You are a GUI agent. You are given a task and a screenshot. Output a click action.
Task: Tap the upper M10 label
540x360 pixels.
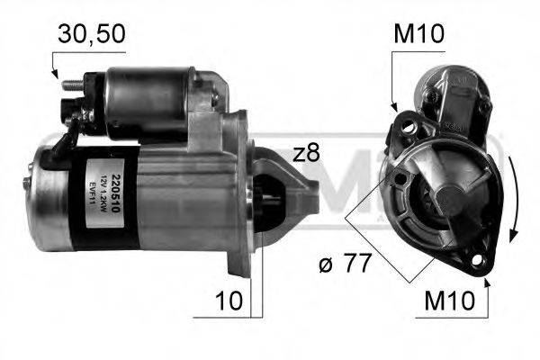pyautogui.click(x=419, y=36)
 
